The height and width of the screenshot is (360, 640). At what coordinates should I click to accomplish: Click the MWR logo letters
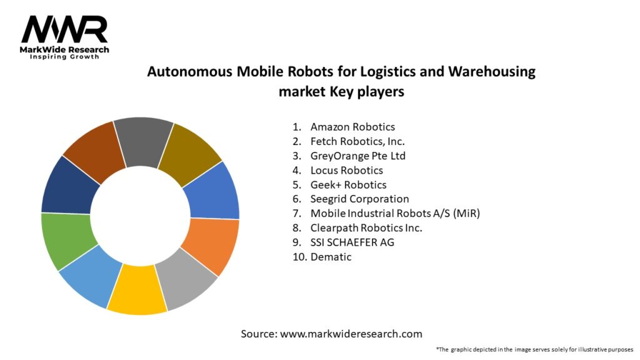point(64,29)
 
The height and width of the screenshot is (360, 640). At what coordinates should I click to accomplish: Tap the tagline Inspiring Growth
point(64,57)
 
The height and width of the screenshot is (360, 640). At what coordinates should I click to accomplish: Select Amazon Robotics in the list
point(352,127)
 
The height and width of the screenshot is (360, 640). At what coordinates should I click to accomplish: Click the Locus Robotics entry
point(346,170)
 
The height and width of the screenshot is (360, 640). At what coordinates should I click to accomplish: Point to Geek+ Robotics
point(348,184)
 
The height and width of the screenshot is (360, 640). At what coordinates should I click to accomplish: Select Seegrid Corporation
point(359,199)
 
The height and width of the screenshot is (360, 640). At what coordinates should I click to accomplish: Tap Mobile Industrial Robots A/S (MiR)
point(395,213)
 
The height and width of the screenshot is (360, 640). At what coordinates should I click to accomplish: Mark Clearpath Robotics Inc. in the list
point(366,227)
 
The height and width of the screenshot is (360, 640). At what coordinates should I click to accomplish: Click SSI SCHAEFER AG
point(352,242)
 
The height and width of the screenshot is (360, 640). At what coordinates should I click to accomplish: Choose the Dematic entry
point(331,256)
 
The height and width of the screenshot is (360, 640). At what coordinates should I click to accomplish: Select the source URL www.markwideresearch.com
point(351,334)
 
